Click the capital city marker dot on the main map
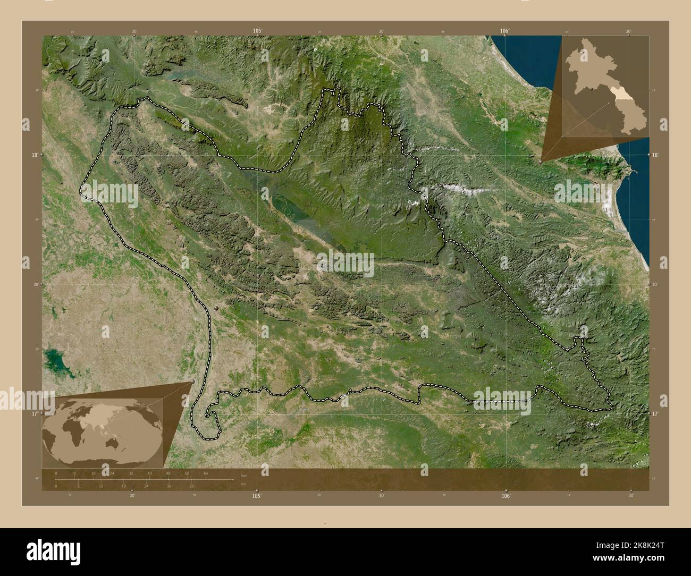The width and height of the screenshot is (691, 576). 216,308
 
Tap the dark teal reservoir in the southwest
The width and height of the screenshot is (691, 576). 53,362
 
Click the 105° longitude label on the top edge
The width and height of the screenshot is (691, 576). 258,31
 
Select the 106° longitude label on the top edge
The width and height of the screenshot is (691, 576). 505,31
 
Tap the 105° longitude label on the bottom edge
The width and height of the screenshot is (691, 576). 257,495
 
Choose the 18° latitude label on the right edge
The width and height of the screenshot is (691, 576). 655,155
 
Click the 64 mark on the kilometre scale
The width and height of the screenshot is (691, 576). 205,473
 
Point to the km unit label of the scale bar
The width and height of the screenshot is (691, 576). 243,475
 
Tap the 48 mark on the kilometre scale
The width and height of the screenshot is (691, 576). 168,473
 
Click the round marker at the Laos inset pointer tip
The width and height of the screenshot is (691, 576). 541,160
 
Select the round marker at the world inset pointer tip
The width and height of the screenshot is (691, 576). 192,382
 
